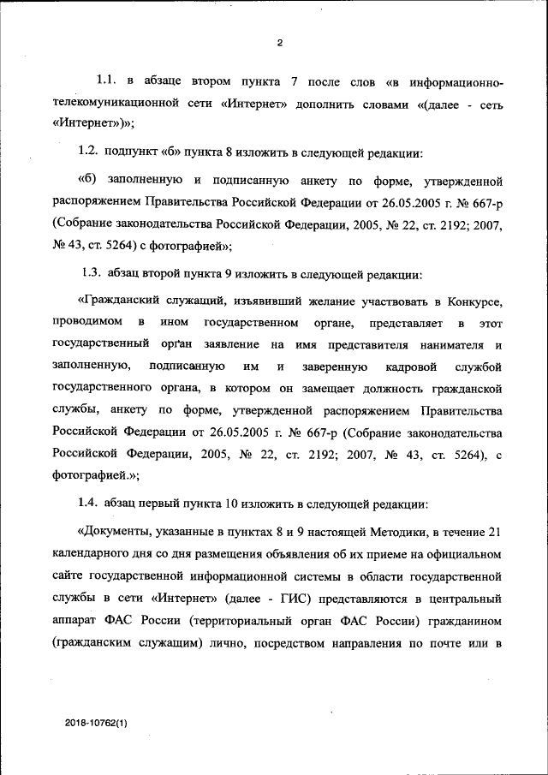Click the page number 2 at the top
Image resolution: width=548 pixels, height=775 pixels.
[x=279, y=44]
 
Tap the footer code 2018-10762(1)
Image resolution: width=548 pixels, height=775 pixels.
[x=95, y=724]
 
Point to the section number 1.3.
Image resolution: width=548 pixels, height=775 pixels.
[x=91, y=276]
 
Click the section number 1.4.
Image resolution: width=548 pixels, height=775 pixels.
[x=89, y=504]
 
